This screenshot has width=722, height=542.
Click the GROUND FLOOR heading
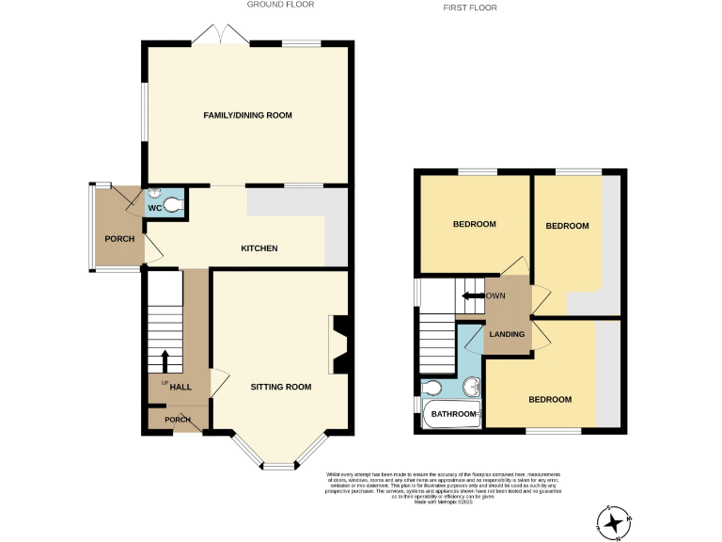click(x=280, y=5)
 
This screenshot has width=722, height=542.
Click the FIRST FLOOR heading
click(x=470, y=8)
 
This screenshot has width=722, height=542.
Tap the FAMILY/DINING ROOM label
click(x=248, y=116)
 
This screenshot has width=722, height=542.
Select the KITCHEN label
click(x=259, y=248)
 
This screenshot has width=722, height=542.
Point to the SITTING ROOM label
click(x=280, y=387)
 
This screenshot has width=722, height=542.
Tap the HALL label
click(x=180, y=387)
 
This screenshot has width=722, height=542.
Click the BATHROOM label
click(x=453, y=414)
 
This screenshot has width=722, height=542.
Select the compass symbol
click(x=615, y=521)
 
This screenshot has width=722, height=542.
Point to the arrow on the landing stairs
click(x=471, y=296)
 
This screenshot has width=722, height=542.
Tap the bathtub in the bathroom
click(x=451, y=415)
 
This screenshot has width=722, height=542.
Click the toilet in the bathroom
click(x=432, y=388)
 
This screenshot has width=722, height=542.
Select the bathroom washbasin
click(x=472, y=388)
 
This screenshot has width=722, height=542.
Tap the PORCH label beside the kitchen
click(x=119, y=239)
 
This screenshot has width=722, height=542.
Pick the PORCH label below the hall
click(x=178, y=420)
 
